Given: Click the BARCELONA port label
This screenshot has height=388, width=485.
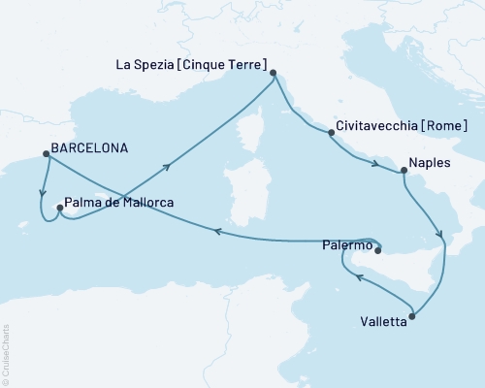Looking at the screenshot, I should [90, 152].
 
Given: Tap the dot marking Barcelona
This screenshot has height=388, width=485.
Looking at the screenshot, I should [44, 153].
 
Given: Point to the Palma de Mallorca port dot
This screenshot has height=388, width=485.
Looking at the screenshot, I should [59, 206].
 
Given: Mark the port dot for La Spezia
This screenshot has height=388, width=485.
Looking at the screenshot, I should [273, 73].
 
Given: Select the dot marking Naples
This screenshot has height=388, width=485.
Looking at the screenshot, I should [404, 171].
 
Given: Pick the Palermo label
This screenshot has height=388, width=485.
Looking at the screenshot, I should [346, 247].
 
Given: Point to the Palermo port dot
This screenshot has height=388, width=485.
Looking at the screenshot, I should [381, 252].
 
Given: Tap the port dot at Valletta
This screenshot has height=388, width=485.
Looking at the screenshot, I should [412, 316].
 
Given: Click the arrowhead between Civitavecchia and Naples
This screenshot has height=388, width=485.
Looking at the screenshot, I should [374, 164].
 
